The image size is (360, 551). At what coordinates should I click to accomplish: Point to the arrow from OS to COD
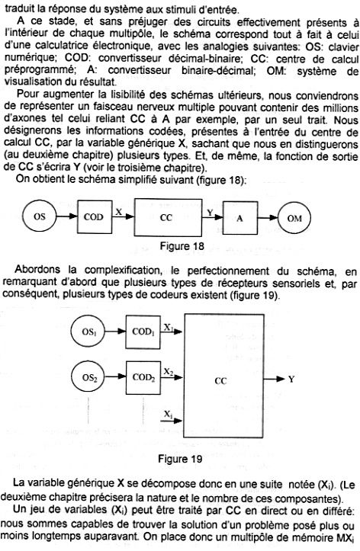[x=67, y=216]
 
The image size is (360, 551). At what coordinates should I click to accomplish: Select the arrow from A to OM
[x=268, y=218]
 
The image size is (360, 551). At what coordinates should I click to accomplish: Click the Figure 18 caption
[x=182, y=245]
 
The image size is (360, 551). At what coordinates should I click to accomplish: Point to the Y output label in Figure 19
[x=291, y=380]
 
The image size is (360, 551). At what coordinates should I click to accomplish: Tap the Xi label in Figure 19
[x=168, y=415]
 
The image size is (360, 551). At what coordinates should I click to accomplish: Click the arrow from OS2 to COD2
[x=116, y=376]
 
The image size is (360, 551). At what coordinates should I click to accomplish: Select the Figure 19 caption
[x=180, y=459]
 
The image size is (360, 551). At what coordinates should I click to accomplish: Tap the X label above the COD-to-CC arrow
[x=119, y=211]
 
